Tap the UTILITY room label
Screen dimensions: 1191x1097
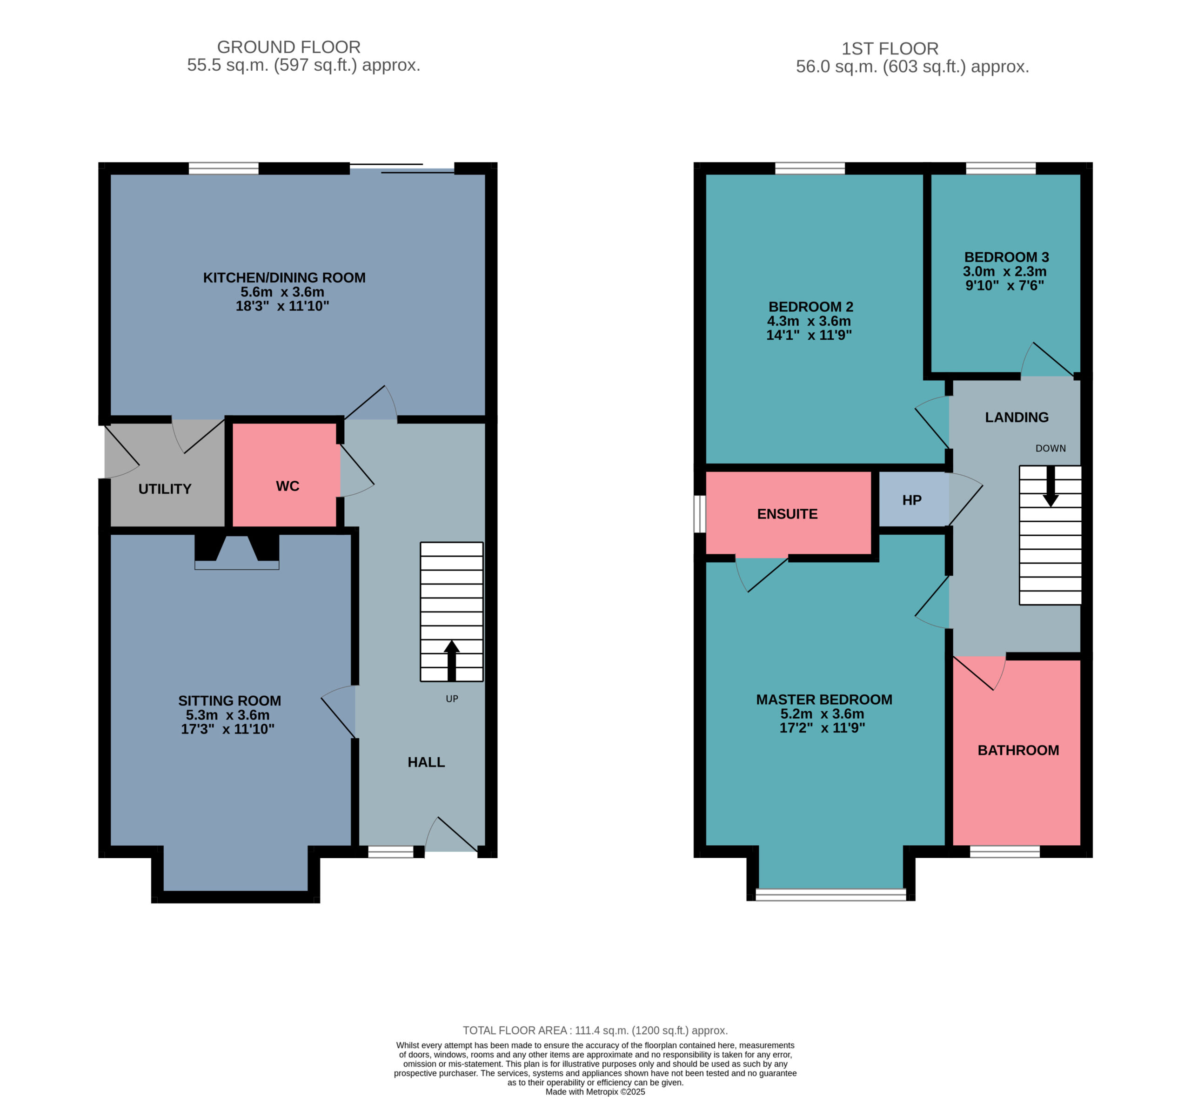click(x=165, y=489)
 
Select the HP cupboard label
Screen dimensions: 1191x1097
click(x=911, y=500)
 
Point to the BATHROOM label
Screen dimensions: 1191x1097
click(x=1018, y=750)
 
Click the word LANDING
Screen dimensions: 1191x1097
click(x=1017, y=417)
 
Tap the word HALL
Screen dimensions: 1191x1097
click(x=426, y=762)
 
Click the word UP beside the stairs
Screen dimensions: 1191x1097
click(x=452, y=699)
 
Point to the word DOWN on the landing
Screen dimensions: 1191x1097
click(x=1050, y=449)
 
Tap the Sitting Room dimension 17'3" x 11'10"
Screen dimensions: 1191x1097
click(x=228, y=729)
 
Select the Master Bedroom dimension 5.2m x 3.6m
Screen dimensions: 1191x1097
click(x=822, y=713)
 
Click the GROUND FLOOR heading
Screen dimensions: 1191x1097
click(x=288, y=47)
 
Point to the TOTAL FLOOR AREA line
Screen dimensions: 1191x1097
click(x=595, y=1030)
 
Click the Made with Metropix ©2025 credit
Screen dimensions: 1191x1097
click(x=595, y=1092)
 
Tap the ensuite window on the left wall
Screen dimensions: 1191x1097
click(x=700, y=514)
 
